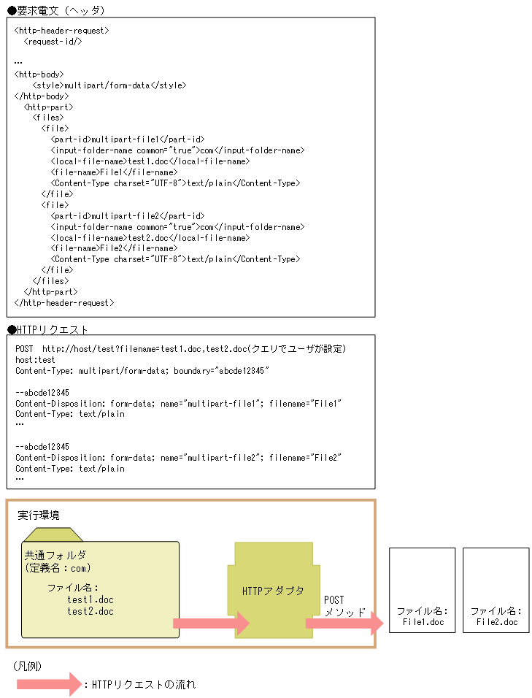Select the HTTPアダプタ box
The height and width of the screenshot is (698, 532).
(273, 590)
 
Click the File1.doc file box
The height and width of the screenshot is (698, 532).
(423, 589)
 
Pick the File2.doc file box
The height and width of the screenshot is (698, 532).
(496, 589)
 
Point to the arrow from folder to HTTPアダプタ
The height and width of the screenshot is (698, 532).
(211, 624)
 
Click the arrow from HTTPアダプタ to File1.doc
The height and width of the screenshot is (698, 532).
(344, 624)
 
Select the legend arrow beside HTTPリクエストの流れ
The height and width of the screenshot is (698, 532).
(48, 684)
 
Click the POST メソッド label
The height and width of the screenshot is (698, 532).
(344, 606)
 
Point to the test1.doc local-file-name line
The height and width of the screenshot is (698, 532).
(150, 161)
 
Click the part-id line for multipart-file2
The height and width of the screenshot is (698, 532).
(128, 216)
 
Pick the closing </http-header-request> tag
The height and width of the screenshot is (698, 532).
(64, 302)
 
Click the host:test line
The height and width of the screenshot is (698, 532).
(35, 360)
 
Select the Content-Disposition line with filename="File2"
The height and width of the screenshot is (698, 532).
(178, 457)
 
